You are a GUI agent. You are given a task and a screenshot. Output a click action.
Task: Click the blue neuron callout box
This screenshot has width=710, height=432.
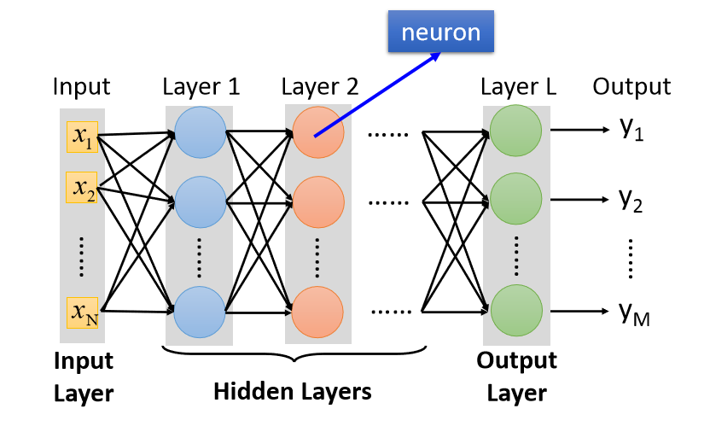tap(441, 33)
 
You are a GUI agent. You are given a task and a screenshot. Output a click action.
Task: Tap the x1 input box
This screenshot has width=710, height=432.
tap(84, 137)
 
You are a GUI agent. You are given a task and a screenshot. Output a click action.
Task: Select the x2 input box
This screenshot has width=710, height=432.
tap(84, 187)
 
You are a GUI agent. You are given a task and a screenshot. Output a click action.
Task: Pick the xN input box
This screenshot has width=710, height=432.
tap(84, 312)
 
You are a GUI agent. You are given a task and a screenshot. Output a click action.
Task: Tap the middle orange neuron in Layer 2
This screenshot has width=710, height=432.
tap(317, 202)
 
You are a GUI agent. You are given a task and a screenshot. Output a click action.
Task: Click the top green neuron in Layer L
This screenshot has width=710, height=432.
tap(515, 131)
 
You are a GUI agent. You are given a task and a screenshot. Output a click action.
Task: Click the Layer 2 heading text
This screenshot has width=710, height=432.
tap(320, 86)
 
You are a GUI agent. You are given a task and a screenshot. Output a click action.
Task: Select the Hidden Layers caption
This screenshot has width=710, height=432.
tap(292, 391)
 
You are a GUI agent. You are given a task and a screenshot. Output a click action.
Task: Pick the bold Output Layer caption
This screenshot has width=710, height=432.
tap(516, 377)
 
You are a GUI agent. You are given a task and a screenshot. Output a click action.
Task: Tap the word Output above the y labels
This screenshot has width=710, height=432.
tap(631, 86)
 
